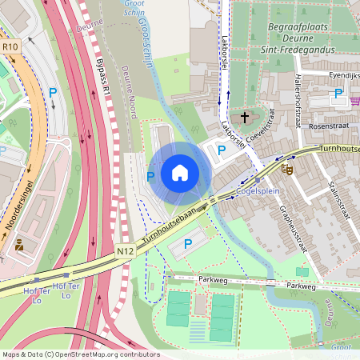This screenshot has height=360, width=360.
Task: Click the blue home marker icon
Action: point(180,173)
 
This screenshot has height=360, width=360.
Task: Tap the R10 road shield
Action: point(10,47)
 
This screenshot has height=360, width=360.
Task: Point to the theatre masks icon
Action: point(286,169)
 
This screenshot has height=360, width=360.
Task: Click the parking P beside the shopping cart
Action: point(338,94)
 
